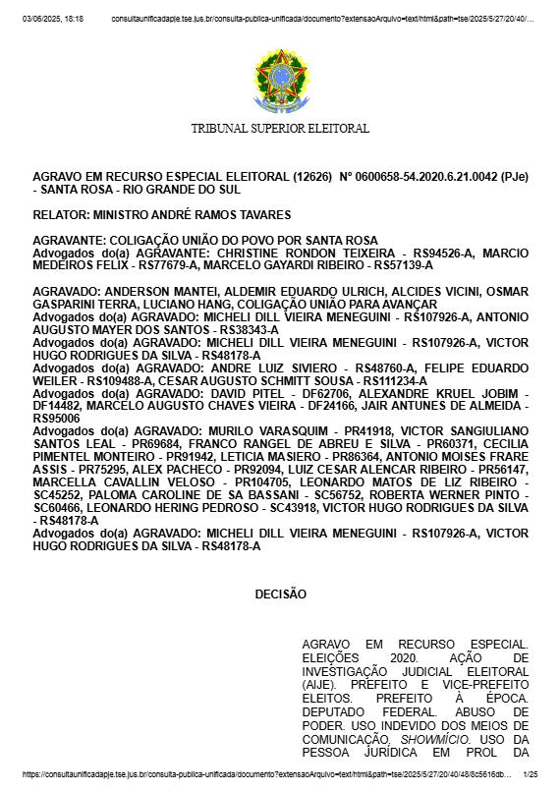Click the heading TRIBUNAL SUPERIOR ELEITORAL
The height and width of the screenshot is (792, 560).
tap(280, 129)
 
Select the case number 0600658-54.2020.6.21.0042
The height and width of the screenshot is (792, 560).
tap(428, 177)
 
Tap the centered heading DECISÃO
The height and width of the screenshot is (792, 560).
tap(280, 594)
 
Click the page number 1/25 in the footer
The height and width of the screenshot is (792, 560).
tap(531, 774)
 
